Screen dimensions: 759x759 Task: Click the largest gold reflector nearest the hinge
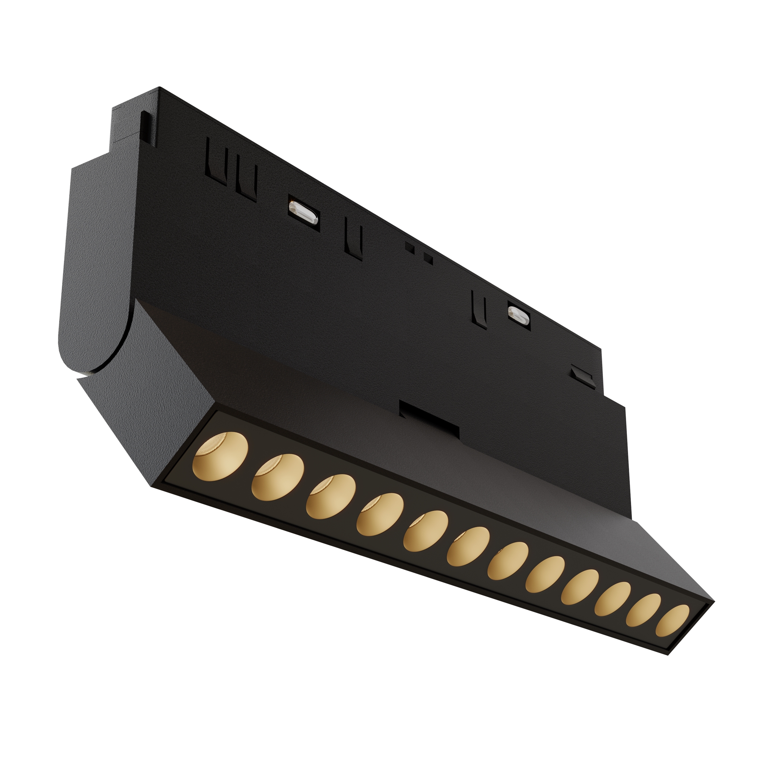tap(220, 454)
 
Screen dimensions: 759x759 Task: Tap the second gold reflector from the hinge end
tap(278, 477)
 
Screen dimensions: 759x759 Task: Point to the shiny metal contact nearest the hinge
tap(304, 212)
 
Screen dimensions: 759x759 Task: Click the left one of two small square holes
tap(409, 247)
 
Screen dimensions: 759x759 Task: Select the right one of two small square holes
tap(428, 258)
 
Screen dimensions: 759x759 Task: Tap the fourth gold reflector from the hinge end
tap(380, 514)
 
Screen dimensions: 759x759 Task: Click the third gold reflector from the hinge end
tap(331, 496)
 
